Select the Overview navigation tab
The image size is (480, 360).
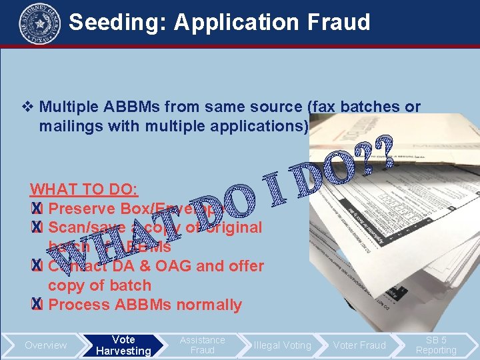[x=45, y=345]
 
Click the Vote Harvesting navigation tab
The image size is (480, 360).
[x=123, y=345]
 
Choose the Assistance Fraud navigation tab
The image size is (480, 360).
[x=203, y=345]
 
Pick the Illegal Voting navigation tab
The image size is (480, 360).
[x=282, y=345]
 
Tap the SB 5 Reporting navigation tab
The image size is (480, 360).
[x=436, y=345]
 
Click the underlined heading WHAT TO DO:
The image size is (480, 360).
[x=84, y=189]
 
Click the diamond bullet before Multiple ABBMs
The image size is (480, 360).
[x=27, y=107]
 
